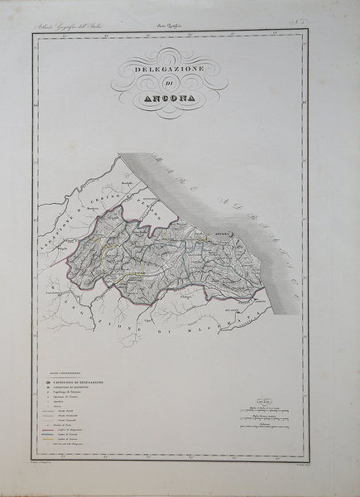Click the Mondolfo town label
pos(127,182)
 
